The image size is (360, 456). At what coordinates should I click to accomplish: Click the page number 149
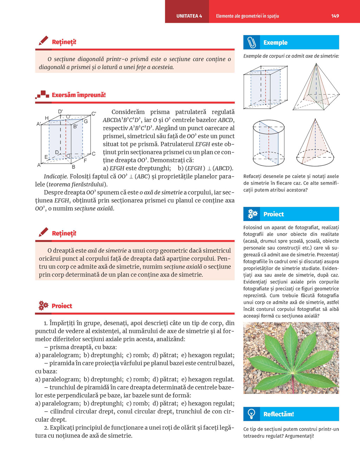(x=335, y=16)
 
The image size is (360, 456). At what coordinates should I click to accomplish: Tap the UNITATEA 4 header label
(x=189, y=16)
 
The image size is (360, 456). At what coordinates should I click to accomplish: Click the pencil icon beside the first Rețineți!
(x=44, y=41)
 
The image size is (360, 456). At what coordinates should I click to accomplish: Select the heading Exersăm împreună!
(x=78, y=95)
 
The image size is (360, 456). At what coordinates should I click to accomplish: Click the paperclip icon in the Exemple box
(x=252, y=42)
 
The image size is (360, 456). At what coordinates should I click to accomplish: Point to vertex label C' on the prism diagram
(x=94, y=113)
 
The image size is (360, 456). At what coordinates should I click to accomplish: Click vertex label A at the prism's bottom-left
(x=39, y=165)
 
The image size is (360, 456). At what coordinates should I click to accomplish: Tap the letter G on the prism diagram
(x=85, y=122)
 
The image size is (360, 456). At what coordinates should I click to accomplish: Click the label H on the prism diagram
(x=47, y=118)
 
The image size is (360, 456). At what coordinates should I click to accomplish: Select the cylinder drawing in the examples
(x=269, y=143)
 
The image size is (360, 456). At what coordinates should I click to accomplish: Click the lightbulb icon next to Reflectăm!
(x=251, y=414)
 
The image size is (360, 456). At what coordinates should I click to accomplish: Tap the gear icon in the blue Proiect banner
(x=252, y=214)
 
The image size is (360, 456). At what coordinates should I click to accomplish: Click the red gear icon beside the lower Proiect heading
(x=43, y=306)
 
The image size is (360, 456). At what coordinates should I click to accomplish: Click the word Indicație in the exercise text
(x=56, y=176)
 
